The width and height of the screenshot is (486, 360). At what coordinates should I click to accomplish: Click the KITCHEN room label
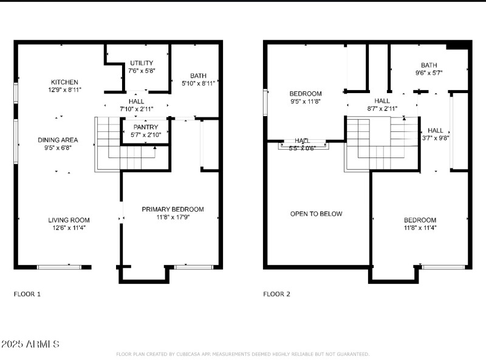[64, 82]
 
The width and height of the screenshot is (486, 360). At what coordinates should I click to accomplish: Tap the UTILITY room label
[142, 63]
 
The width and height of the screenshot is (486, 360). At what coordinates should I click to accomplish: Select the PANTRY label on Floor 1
[142, 127]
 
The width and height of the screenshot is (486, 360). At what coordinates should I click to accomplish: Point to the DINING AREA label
[58, 140]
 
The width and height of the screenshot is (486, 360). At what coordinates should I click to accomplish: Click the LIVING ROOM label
[69, 220]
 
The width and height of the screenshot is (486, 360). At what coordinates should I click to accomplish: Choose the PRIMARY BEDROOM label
[173, 209]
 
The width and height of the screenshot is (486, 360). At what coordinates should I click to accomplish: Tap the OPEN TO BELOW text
[316, 213]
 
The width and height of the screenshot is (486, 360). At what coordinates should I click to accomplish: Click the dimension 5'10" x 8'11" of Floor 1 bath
[194, 84]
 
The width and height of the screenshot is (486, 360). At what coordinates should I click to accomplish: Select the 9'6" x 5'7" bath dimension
[428, 72]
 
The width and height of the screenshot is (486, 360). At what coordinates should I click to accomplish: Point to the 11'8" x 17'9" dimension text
[173, 217]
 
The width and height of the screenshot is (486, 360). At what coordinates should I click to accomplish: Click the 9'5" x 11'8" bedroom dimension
[305, 102]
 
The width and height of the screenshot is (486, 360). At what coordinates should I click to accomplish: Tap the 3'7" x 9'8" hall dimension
[435, 138]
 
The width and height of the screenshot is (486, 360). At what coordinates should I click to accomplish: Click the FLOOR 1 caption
[27, 294]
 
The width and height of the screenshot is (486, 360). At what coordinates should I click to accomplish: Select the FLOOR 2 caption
[276, 294]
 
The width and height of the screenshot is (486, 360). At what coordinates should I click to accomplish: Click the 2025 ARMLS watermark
[30, 344]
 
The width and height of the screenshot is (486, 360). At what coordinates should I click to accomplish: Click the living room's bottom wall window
[59, 266]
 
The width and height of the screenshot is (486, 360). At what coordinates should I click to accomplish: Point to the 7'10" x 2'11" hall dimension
[136, 109]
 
